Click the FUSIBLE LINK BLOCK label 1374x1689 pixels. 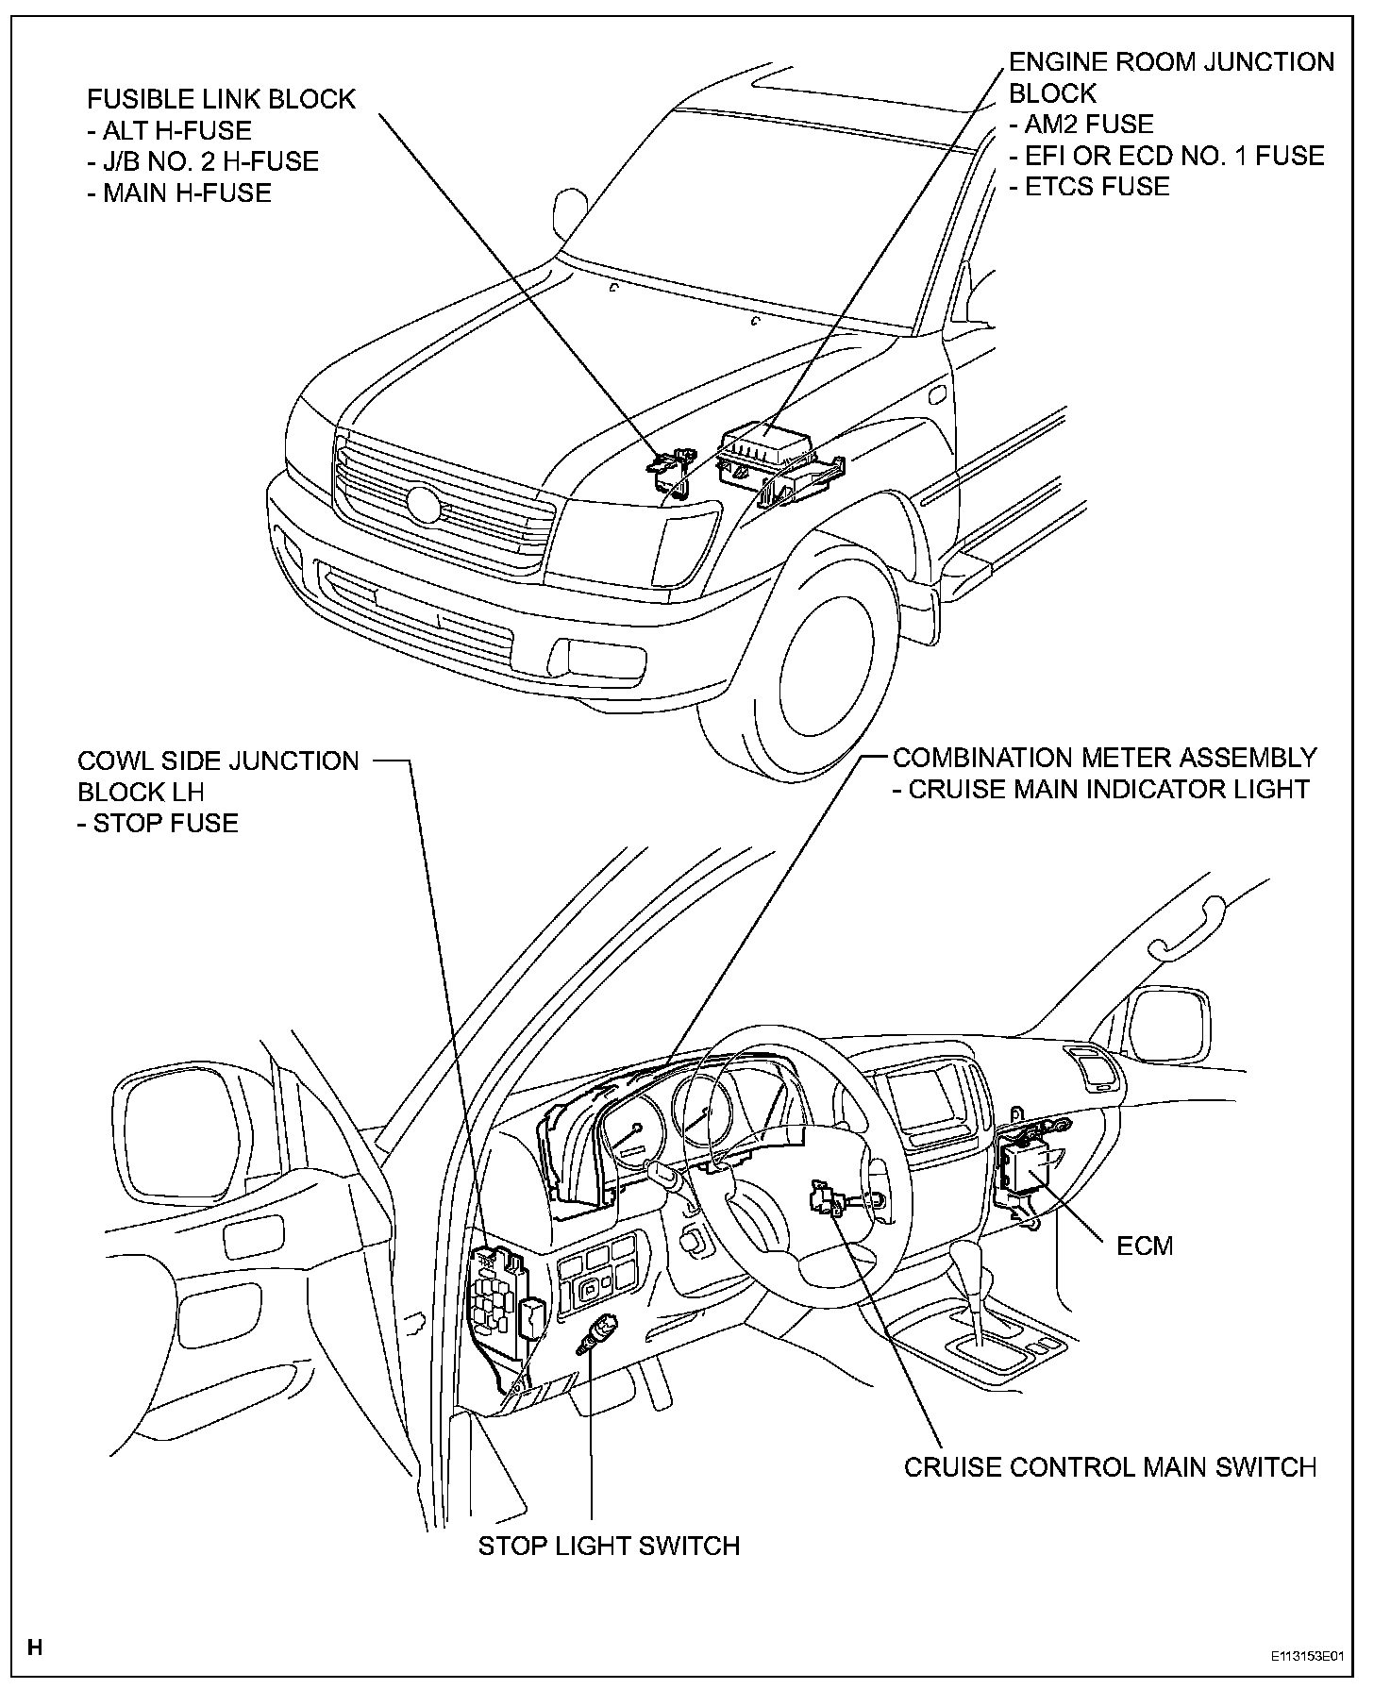click(221, 99)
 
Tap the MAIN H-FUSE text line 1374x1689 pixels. click(187, 192)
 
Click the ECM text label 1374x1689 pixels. click(1145, 1246)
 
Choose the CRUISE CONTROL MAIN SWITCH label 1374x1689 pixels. click(1110, 1467)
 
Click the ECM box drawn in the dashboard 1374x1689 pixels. click(1029, 1167)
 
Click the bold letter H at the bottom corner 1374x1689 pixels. click(36, 1648)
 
